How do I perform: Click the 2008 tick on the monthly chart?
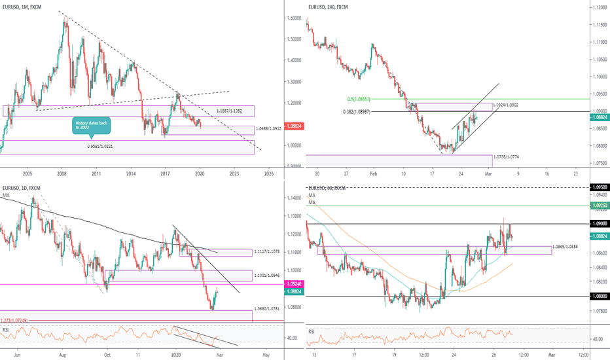coord(62,173)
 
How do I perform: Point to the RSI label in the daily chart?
coord(7,330)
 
